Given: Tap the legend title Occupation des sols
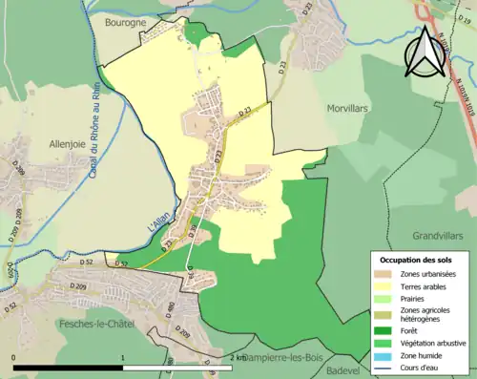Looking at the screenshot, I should (417, 259).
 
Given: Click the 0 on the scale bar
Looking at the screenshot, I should (14, 357).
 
